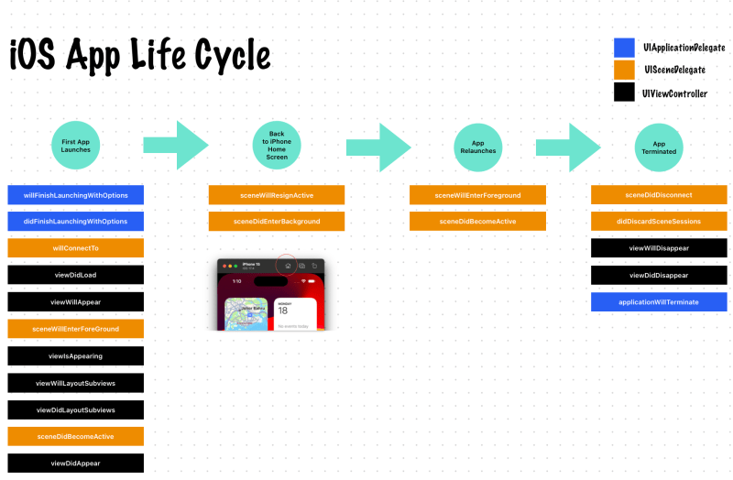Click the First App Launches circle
[x=75, y=146]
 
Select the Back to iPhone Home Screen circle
[x=276, y=146]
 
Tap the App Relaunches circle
[x=476, y=146]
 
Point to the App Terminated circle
[x=658, y=146]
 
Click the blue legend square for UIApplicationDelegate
[x=624, y=48]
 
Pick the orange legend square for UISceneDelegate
[x=624, y=70]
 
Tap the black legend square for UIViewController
[x=624, y=92]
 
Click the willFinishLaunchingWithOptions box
[x=75, y=195]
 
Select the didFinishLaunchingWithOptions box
[x=75, y=222]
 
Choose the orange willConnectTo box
[x=75, y=248]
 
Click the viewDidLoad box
[x=75, y=275]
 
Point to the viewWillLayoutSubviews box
[x=75, y=383]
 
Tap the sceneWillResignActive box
[x=276, y=195]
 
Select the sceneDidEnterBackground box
[x=276, y=222]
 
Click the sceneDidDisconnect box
[x=658, y=195]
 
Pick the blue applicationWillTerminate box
[x=658, y=302]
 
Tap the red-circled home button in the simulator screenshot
[x=287, y=266]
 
